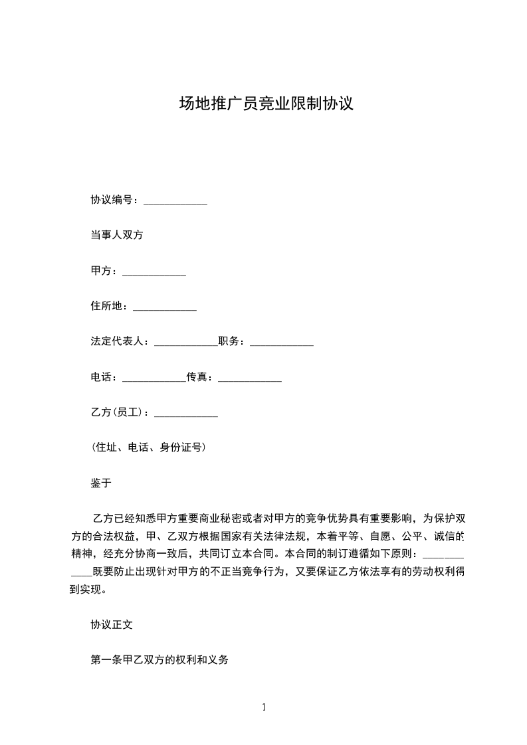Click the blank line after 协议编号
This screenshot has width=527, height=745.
point(175,201)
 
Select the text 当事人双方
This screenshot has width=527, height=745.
point(117,235)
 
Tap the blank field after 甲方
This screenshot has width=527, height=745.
point(154,272)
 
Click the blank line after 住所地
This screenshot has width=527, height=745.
point(165,307)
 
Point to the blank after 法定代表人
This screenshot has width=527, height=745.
point(185,343)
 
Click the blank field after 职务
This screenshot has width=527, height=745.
point(281,343)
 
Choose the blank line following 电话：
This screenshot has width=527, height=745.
point(154,378)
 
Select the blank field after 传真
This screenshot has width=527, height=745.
point(250,378)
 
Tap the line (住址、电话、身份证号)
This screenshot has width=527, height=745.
point(148,448)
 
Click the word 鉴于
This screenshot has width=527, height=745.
point(101,483)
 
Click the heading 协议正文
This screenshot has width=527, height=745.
point(112,625)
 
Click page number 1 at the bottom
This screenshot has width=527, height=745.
point(264,707)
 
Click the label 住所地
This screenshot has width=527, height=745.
point(106,307)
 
